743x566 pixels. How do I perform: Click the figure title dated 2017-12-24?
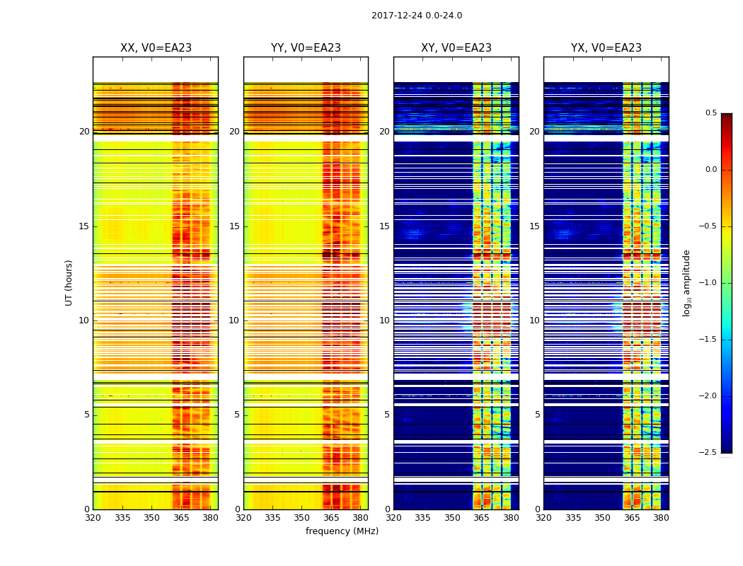[x=417, y=16]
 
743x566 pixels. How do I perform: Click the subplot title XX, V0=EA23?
[x=156, y=48]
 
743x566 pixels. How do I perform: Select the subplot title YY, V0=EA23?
[x=306, y=48]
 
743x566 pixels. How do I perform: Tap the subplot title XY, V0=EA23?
[x=456, y=48]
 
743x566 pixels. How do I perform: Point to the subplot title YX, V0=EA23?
[x=606, y=48]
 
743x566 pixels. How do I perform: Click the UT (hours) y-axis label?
[x=69, y=282]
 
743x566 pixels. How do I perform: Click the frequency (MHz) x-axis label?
[x=342, y=531]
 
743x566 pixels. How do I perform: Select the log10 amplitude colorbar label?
[x=686, y=282]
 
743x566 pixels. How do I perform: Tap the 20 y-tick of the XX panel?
[x=84, y=132]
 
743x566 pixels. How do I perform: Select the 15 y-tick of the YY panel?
[x=234, y=226]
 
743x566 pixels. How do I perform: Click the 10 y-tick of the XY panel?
[x=384, y=320]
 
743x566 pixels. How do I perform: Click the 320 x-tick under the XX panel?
[x=93, y=518]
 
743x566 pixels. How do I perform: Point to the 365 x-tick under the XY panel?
[x=481, y=518]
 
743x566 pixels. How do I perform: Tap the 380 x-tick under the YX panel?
[x=661, y=518]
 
